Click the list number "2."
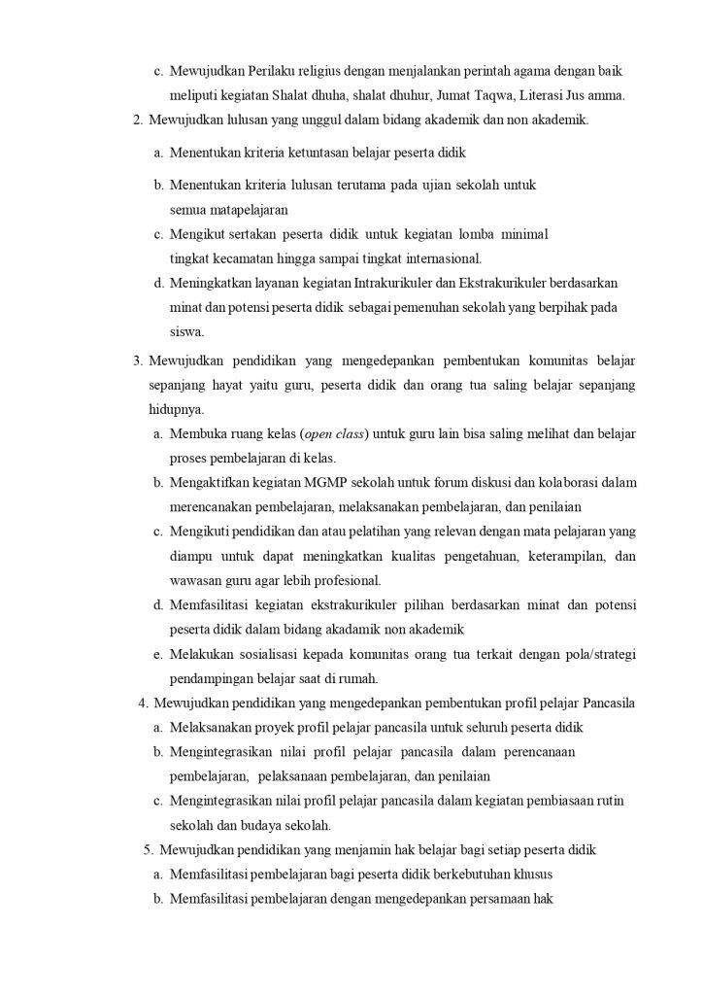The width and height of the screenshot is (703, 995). tap(138, 120)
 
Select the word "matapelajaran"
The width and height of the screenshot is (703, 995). tap(228, 209)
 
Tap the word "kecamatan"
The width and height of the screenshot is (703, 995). tap(241, 257)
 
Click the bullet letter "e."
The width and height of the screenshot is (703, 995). tap(157, 654)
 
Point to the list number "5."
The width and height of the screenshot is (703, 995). tap(148, 849)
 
